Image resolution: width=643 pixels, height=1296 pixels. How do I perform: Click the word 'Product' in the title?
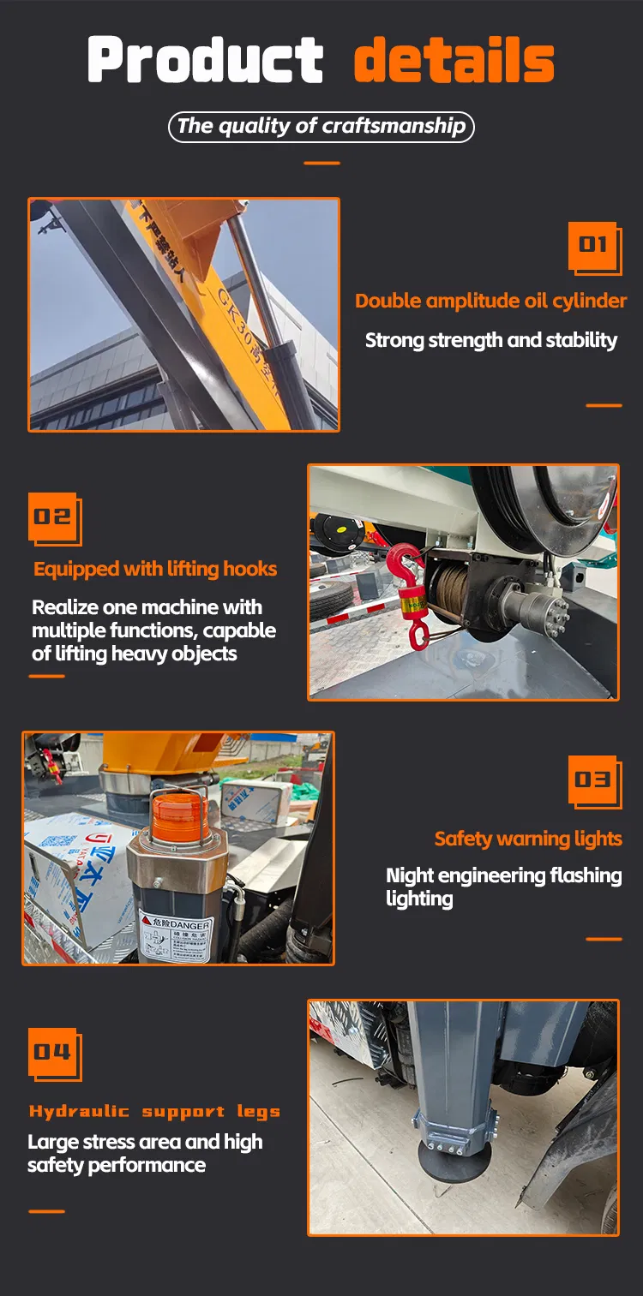click(205, 60)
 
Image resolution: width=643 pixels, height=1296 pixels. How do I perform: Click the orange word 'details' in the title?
click(454, 60)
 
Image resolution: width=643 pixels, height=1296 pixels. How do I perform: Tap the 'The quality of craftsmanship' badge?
click(321, 127)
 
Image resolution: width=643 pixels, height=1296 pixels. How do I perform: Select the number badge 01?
click(593, 247)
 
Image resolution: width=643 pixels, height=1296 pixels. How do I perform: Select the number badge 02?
click(53, 517)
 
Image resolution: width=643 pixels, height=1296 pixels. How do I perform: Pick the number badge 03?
click(593, 779)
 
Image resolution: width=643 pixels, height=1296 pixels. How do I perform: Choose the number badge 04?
click(53, 1052)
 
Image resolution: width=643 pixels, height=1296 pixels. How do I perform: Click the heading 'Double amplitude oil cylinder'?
click(490, 301)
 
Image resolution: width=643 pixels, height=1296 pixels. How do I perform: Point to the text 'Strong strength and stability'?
click(490, 340)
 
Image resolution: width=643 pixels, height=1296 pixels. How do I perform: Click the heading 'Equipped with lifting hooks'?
click(155, 569)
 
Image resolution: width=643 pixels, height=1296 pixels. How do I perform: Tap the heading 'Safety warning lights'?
click(527, 839)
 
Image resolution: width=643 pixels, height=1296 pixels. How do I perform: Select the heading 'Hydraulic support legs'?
click(154, 1111)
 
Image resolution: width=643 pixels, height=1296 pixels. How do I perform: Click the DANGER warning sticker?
click(176, 935)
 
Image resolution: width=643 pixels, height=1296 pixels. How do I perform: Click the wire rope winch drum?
click(451, 592)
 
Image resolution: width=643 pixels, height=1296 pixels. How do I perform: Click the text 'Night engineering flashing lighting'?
click(503, 887)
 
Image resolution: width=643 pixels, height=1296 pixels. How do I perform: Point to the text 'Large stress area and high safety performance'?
click(145, 1153)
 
